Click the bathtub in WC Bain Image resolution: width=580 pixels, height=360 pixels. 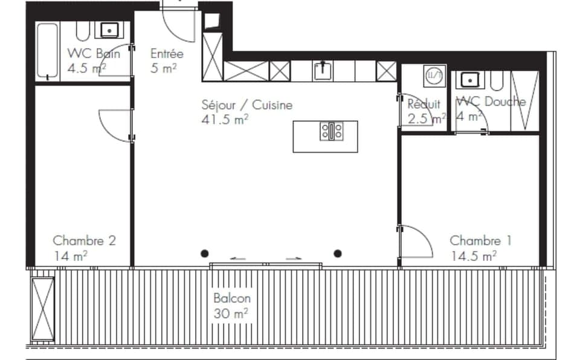[x=47, y=51]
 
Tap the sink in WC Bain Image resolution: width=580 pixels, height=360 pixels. [x=109, y=30]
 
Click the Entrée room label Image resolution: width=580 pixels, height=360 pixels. [x=167, y=54]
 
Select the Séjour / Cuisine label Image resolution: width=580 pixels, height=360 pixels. [x=246, y=105]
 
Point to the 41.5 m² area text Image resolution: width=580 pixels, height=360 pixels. [x=225, y=119]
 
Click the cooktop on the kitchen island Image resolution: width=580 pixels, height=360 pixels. [x=332, y=131]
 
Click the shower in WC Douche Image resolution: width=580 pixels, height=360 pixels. [x=524, y=100]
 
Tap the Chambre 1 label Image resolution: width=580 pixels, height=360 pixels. [x=480, y=240]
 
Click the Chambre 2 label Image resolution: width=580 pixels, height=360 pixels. [x=84, y=240]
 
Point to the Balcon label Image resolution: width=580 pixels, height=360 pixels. [x=231, y=298]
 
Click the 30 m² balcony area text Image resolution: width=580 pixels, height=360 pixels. [x=231, y=313]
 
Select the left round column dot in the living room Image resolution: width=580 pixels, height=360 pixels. [x=205, y=252]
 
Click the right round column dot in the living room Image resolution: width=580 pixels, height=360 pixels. [x=338, y=252]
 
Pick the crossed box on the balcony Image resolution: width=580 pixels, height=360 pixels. [x=43, y=308]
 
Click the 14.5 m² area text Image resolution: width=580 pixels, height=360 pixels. [x=473, y=256]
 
